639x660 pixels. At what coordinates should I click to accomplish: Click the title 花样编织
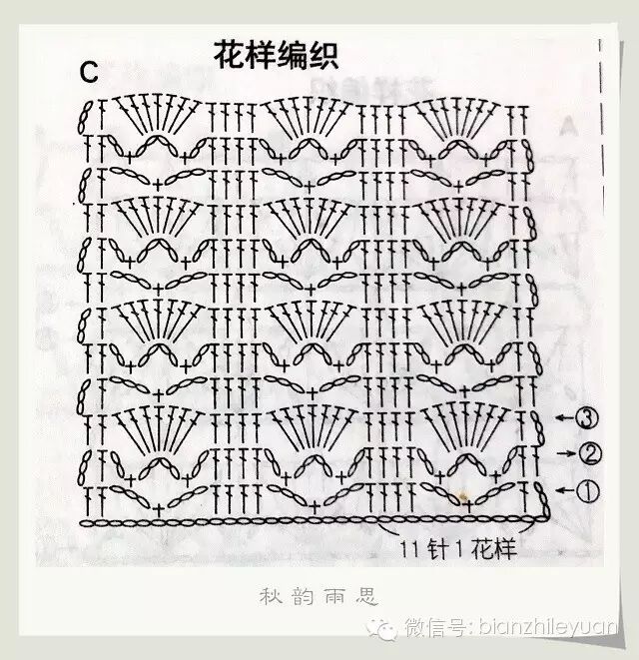coord(276,56)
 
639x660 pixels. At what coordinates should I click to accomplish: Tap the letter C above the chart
coord(89,71)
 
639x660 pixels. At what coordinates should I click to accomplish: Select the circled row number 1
coord(589,490)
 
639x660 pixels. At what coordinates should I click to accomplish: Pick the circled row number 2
coord(590,454)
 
